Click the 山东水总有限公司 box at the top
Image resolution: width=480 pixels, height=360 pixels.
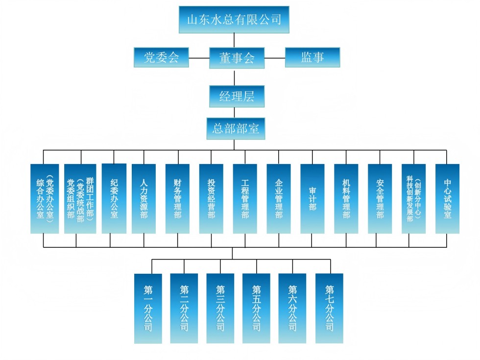[x=234, y=20]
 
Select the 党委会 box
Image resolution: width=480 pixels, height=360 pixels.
[x=161, y=57]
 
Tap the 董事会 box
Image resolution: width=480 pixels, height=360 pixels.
[x=237, y=57]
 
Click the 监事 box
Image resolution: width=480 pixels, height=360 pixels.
[x=312, y=57]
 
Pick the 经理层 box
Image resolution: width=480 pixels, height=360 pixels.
[x=237, y=96]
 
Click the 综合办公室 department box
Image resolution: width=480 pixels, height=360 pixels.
[x=45, y=198]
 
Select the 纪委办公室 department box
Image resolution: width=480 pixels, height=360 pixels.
[x=114, y=198]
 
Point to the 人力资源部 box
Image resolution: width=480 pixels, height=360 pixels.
[x=144, y=198]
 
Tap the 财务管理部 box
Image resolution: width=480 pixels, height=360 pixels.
[x=177, y=198]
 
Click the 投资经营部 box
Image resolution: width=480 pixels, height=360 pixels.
[x=211, y=198]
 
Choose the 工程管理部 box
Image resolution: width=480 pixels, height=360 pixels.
[x=245, y=198]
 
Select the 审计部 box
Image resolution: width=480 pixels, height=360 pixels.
[x=312, y=198]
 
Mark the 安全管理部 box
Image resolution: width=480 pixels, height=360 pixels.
[x=380, y=198]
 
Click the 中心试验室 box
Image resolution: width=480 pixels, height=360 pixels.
[x=447, y=198]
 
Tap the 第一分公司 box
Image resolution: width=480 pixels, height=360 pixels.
[x=148, y=308]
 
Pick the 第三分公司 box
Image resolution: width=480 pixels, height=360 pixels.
[x=220, y=308]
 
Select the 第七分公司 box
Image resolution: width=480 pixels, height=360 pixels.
[x=329, y=308]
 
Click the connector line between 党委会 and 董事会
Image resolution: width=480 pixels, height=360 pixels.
[x=199, y=58]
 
